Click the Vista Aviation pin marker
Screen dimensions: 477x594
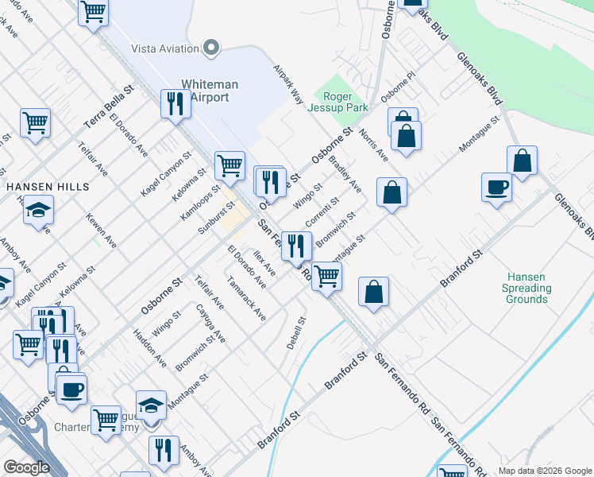[x=210, y=48]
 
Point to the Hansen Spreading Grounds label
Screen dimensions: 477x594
[x=527, y=288]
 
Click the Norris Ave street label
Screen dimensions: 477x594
[x=372, y=145]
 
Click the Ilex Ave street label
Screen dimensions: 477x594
[x=264, y=263]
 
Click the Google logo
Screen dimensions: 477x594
[x=26, y=467]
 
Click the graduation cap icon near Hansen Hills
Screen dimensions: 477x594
[x=38, y=211]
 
